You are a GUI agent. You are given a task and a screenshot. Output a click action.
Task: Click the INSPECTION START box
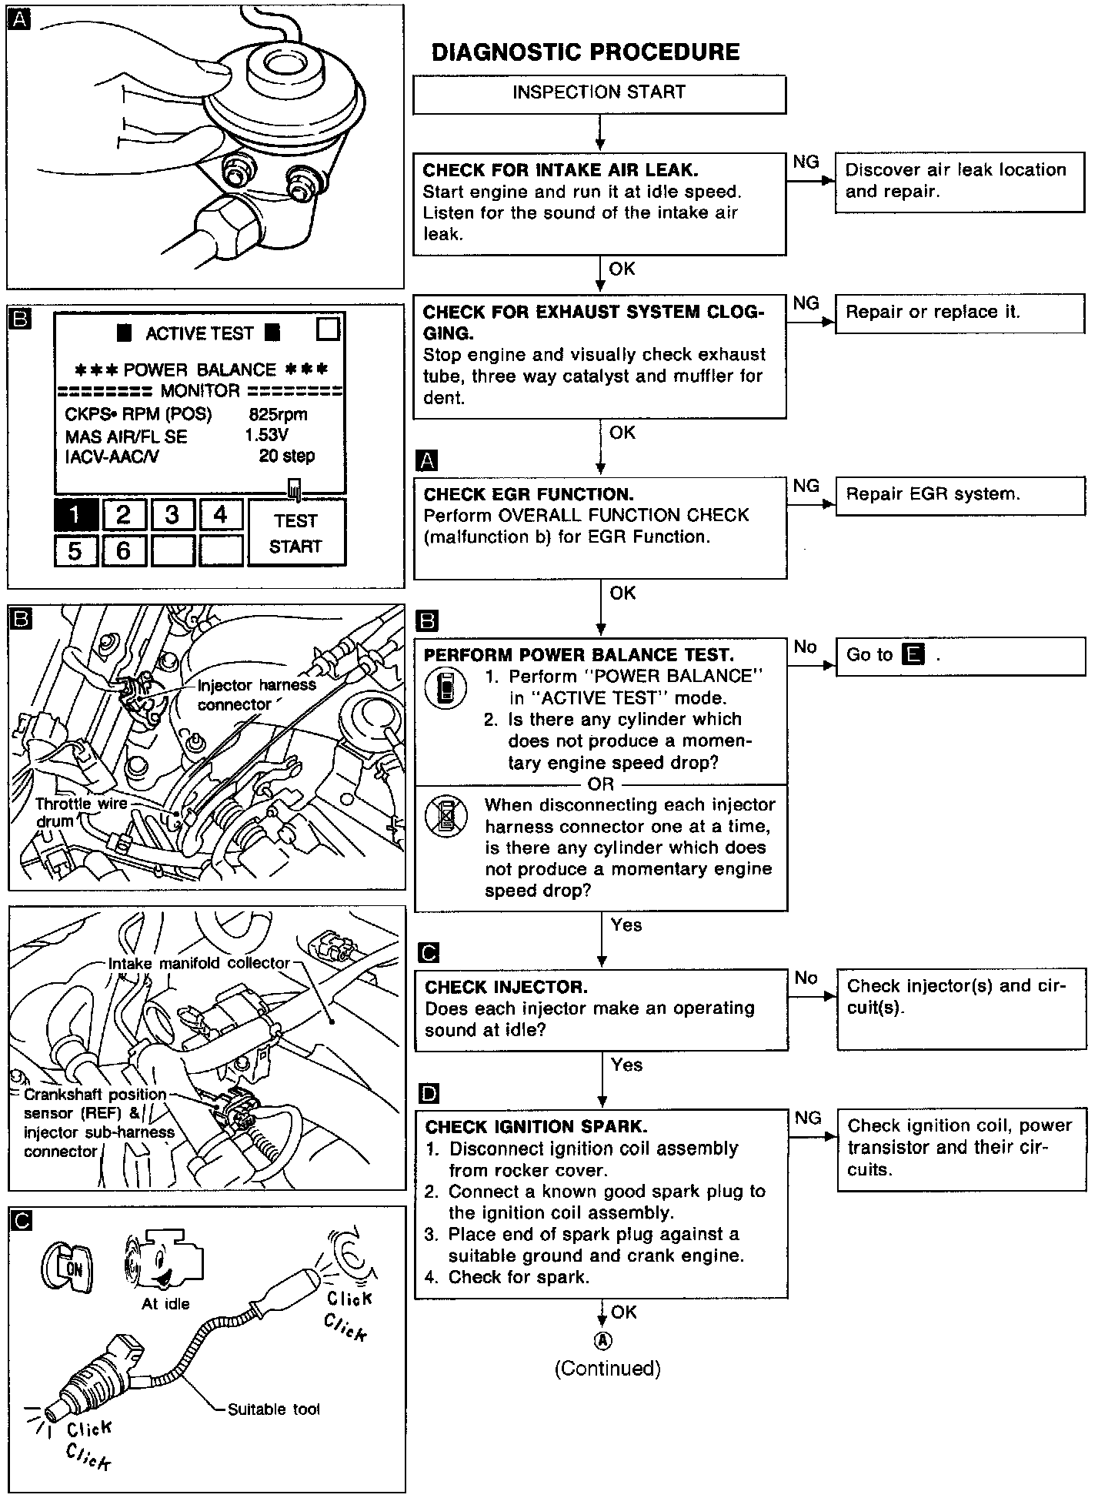click(x=599, y=93)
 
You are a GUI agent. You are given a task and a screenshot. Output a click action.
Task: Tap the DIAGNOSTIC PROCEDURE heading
click(x=586, y=52)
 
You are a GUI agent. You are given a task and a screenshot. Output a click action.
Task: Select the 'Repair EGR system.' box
click(x=960, y=495)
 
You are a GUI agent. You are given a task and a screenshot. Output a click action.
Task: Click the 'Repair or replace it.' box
click(x=959, y=313)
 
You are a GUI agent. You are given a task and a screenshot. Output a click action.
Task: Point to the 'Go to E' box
click(x=960, y=656)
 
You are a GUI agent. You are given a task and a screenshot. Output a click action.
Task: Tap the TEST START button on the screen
click(x=296, y=533)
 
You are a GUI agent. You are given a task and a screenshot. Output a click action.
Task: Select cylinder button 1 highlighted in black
click(x=75, y=514)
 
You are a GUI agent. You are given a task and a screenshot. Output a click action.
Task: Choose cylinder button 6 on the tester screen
click(x=123, y=550)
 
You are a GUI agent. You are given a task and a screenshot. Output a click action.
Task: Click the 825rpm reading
click(x=278, y=414)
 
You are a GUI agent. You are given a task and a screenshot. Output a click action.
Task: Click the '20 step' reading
click(x=286, y=456)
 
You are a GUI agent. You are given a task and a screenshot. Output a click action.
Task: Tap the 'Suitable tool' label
click(x=273, y=1409)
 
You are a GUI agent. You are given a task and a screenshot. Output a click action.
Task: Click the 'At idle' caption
click(x=165, y=1303)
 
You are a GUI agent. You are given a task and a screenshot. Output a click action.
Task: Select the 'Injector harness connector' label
click(x=256, y=694)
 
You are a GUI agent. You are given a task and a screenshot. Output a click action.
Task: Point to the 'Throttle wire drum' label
click(x=82, y=812)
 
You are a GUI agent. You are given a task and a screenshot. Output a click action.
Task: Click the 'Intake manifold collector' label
click(x=199, y=963)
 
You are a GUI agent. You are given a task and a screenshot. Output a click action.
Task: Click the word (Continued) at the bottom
click(x=607, y=1368)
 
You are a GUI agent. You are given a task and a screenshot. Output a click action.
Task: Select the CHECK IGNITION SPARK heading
click(x=536, y=1127)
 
